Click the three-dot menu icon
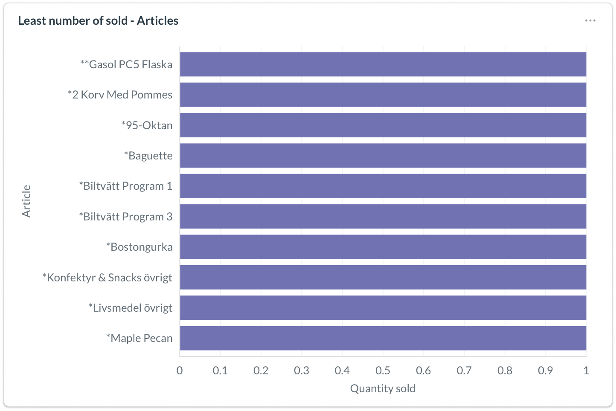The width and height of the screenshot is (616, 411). coord(590,20)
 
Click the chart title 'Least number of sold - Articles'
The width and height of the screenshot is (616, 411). coord(98,20)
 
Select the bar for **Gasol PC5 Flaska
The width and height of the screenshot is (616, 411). coord(383,64)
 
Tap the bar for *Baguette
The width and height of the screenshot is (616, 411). coord(383,156)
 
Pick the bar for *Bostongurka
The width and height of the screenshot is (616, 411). coord(383,247)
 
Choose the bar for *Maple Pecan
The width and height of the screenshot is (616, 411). coord(383,338)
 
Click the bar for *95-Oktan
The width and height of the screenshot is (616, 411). coord(383,125)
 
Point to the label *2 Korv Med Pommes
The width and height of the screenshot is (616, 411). coord(120,95)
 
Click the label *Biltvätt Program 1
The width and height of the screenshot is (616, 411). coord(125,186)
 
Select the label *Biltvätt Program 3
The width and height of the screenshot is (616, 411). coord(125,217)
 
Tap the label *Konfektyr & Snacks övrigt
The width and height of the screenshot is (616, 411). coord(107,278)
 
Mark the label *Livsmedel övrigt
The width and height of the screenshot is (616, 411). coord(130,308)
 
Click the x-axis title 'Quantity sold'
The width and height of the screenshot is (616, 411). coord(383,388)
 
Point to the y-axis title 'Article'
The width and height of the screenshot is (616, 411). coord(26,201)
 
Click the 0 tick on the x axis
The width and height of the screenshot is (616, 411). coord(180,370)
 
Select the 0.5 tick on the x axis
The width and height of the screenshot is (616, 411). coord(383,370)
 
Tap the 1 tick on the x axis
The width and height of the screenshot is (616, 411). coord(586,370)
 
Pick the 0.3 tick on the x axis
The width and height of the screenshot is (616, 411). coord(302,370)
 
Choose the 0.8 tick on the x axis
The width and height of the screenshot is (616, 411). coord(505,370)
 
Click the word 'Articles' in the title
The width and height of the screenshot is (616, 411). coord(157,20)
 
